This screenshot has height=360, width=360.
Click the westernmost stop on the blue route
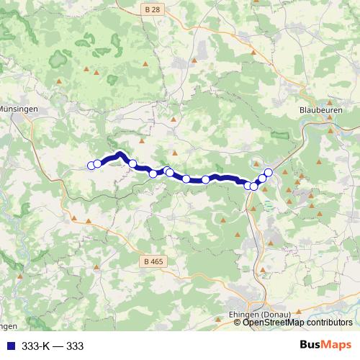click(91, 166)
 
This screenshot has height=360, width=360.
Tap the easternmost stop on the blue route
click(269, 172)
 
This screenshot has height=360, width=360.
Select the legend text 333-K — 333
click(53, 346)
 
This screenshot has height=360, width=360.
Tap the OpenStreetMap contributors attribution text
click(297, 323)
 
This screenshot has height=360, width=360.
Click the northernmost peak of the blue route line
click(120, 153)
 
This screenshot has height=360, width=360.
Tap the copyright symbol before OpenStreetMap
click(238, 323)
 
